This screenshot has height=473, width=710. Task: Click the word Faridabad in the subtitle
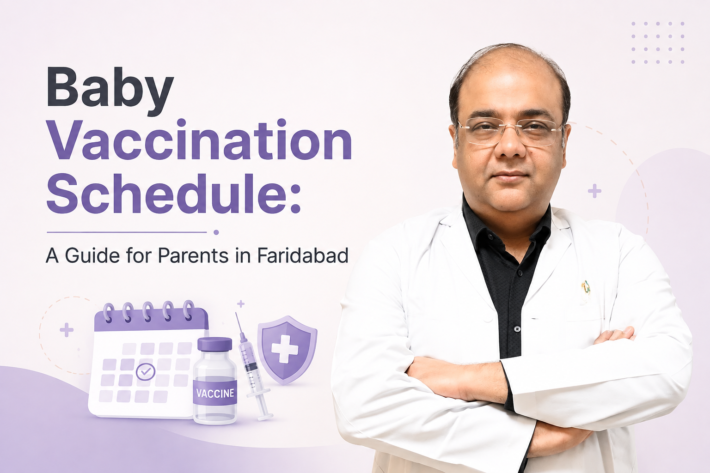[303, 255]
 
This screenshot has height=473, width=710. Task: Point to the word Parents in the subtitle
[193, 255]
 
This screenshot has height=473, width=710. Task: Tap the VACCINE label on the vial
[215, 393]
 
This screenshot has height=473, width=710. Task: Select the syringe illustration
[253, 366]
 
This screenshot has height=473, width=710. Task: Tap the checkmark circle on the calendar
[146, 372]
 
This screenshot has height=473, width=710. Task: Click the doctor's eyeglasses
[510, 131]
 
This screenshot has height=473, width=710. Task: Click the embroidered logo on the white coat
[586, 288]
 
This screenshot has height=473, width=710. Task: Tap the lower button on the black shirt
[518, 329]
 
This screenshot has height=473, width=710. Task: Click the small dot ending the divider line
[216, 232]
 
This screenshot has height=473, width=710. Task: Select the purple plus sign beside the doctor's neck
[594, 191]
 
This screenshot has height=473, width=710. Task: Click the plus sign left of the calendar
[67, 330]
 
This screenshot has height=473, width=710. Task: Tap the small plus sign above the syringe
[241, 304]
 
